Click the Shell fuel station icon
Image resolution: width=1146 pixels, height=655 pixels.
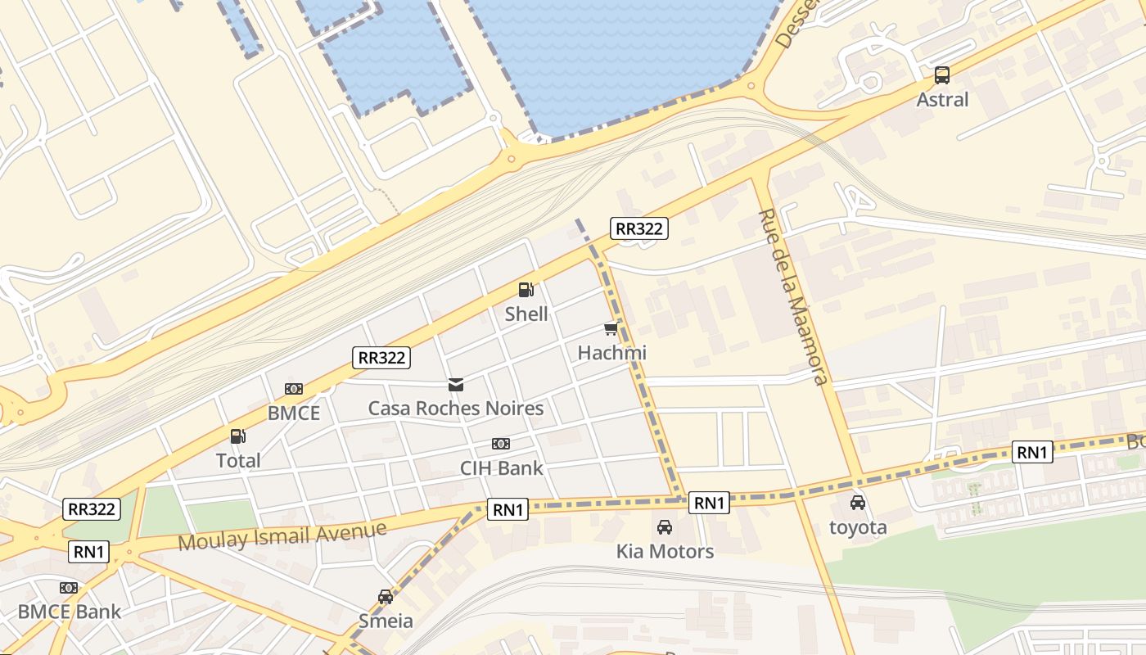coord(526,289)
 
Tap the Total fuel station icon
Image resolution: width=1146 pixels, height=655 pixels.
coord(237,436)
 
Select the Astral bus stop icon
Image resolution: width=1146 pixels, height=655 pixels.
coord(942,75)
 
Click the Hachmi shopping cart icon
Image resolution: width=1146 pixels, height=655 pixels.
coord(611,328)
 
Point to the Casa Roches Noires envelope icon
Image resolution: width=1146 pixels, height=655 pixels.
coord(456,384)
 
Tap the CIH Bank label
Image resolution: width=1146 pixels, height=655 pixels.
coord(501,468)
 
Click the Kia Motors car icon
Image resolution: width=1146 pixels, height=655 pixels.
coord(665,526)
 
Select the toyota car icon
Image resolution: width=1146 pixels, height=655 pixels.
coord(858,502)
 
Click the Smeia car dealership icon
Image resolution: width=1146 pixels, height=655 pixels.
coord(386,596)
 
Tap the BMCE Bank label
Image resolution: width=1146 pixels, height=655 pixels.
coord(69,612)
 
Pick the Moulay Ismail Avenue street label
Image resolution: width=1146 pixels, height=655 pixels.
coord(282,537)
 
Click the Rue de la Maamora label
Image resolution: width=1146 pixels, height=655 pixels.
coord(793,296)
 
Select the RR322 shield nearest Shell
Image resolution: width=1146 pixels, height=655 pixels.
coord(639,228)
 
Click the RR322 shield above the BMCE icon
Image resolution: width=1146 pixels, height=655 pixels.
coord(381,357)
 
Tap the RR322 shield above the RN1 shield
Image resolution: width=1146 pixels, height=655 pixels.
coord(92,508)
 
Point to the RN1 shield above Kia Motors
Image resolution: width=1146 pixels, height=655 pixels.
coord(708,503)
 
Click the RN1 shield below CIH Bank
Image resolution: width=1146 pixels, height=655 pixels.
coord(508,509)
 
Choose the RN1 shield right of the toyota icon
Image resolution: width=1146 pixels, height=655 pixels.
coord(1032,452)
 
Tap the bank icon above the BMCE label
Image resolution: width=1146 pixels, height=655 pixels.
coord(294,389)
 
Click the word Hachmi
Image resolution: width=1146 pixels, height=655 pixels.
coord(611,353)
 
